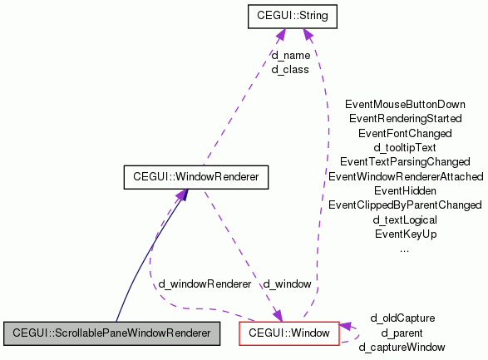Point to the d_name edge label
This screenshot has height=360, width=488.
(x=290, y=56)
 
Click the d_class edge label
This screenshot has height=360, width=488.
(x=290, y=70)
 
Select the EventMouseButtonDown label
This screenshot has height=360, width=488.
(x=405, y=105)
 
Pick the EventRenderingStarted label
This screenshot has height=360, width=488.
(x=405, y=119)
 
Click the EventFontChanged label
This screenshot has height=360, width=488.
(x=405, y=133)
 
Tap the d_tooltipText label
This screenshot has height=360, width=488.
(x=405, y=147)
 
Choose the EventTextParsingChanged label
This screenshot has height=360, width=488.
(x=405, y=161)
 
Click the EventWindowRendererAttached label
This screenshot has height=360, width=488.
(x=405, y=176)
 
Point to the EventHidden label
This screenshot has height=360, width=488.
(x=405, y=190)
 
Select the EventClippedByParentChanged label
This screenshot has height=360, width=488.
(x=405, y=205)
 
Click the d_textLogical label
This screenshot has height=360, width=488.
(x=405, y=219)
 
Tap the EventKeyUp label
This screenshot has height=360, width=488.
(x=405, y=234)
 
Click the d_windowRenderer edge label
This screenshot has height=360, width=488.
(x=205, y=284)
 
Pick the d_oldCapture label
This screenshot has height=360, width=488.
(x=402, y=318)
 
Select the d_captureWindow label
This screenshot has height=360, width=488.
(x=402, y=347)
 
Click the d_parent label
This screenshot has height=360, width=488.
(x=402, y=333)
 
